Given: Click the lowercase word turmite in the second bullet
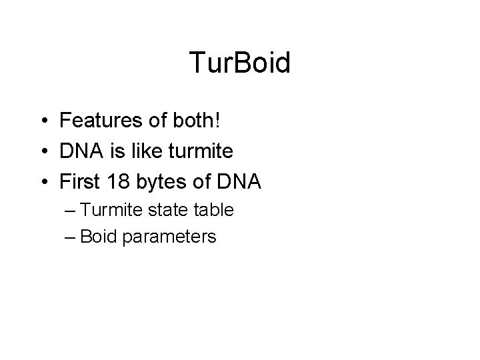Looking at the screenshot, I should click(x=199, y=152).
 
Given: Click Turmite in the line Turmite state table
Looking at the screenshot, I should click(x=117, y=211).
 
